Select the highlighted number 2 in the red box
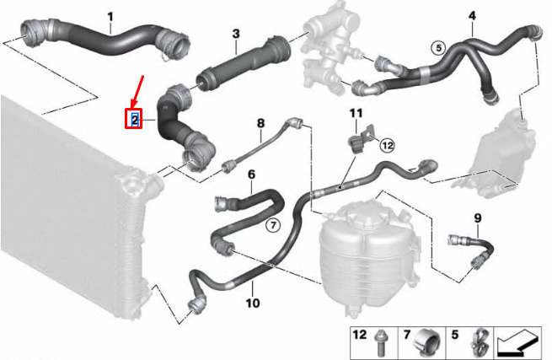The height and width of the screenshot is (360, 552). (x=134, y=120)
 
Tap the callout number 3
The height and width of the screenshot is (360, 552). (x=236, y=34)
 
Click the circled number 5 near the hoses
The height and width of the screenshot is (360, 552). (x=437, y=47)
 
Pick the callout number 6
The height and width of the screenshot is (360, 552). (x=251, y=175)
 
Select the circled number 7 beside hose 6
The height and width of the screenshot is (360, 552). (x=272, y=225)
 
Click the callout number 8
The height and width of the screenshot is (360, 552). (x=260, y=124)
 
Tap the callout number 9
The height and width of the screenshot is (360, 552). (x=477, y=219)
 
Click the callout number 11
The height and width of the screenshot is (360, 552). (x=356, y=113)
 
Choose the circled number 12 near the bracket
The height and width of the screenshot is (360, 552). (x=386, y=145)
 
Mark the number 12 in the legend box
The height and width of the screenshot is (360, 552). (x=359, y=336)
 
